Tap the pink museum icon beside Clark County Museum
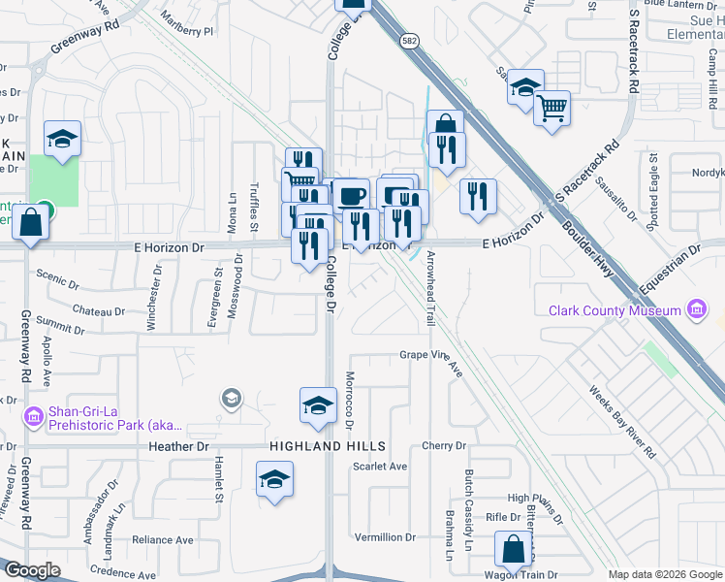click(x=695, y=310)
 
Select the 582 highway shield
click(x=411, y=40)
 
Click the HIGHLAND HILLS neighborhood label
click(x=328, y=446)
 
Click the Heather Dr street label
click(x=179, y=446)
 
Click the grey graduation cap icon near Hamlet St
click(x=231, y=398)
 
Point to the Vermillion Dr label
click(x=385, y=536)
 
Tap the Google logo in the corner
click(x=33, y=570)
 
